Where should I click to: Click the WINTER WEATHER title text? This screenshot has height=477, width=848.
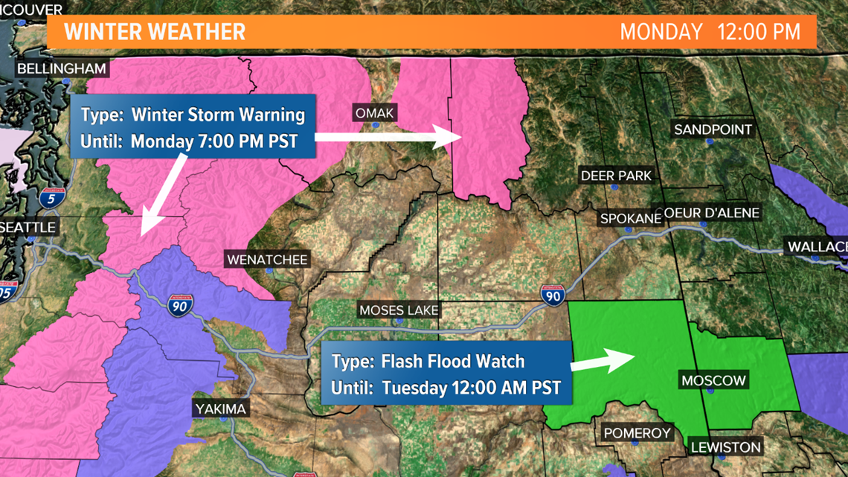tap(154, 32)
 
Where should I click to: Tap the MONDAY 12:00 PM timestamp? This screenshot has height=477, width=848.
tap(710, 32)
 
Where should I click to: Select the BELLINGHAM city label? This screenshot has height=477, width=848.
tap(62, 69)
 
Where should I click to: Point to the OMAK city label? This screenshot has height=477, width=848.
tap(375, 113)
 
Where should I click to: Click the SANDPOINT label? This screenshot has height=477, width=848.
tap(713, 129)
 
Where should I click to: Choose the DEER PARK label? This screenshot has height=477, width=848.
tap(616, 176)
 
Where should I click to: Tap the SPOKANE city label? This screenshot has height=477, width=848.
tap(630, 219)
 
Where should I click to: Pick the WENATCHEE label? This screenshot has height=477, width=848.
tap(267, 260)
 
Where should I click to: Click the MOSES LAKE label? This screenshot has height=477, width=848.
tap(399, 310)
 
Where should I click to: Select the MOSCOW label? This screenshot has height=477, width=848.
tap(713, 381)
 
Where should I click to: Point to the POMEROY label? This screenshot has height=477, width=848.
tap(637, 433)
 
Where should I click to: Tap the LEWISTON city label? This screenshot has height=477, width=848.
tap(725, 447)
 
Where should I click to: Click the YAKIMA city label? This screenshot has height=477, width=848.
tap(220, 409)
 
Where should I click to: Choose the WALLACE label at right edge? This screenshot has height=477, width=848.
tap(817, 247)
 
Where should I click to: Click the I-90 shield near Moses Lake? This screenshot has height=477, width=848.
tap(552, 295)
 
